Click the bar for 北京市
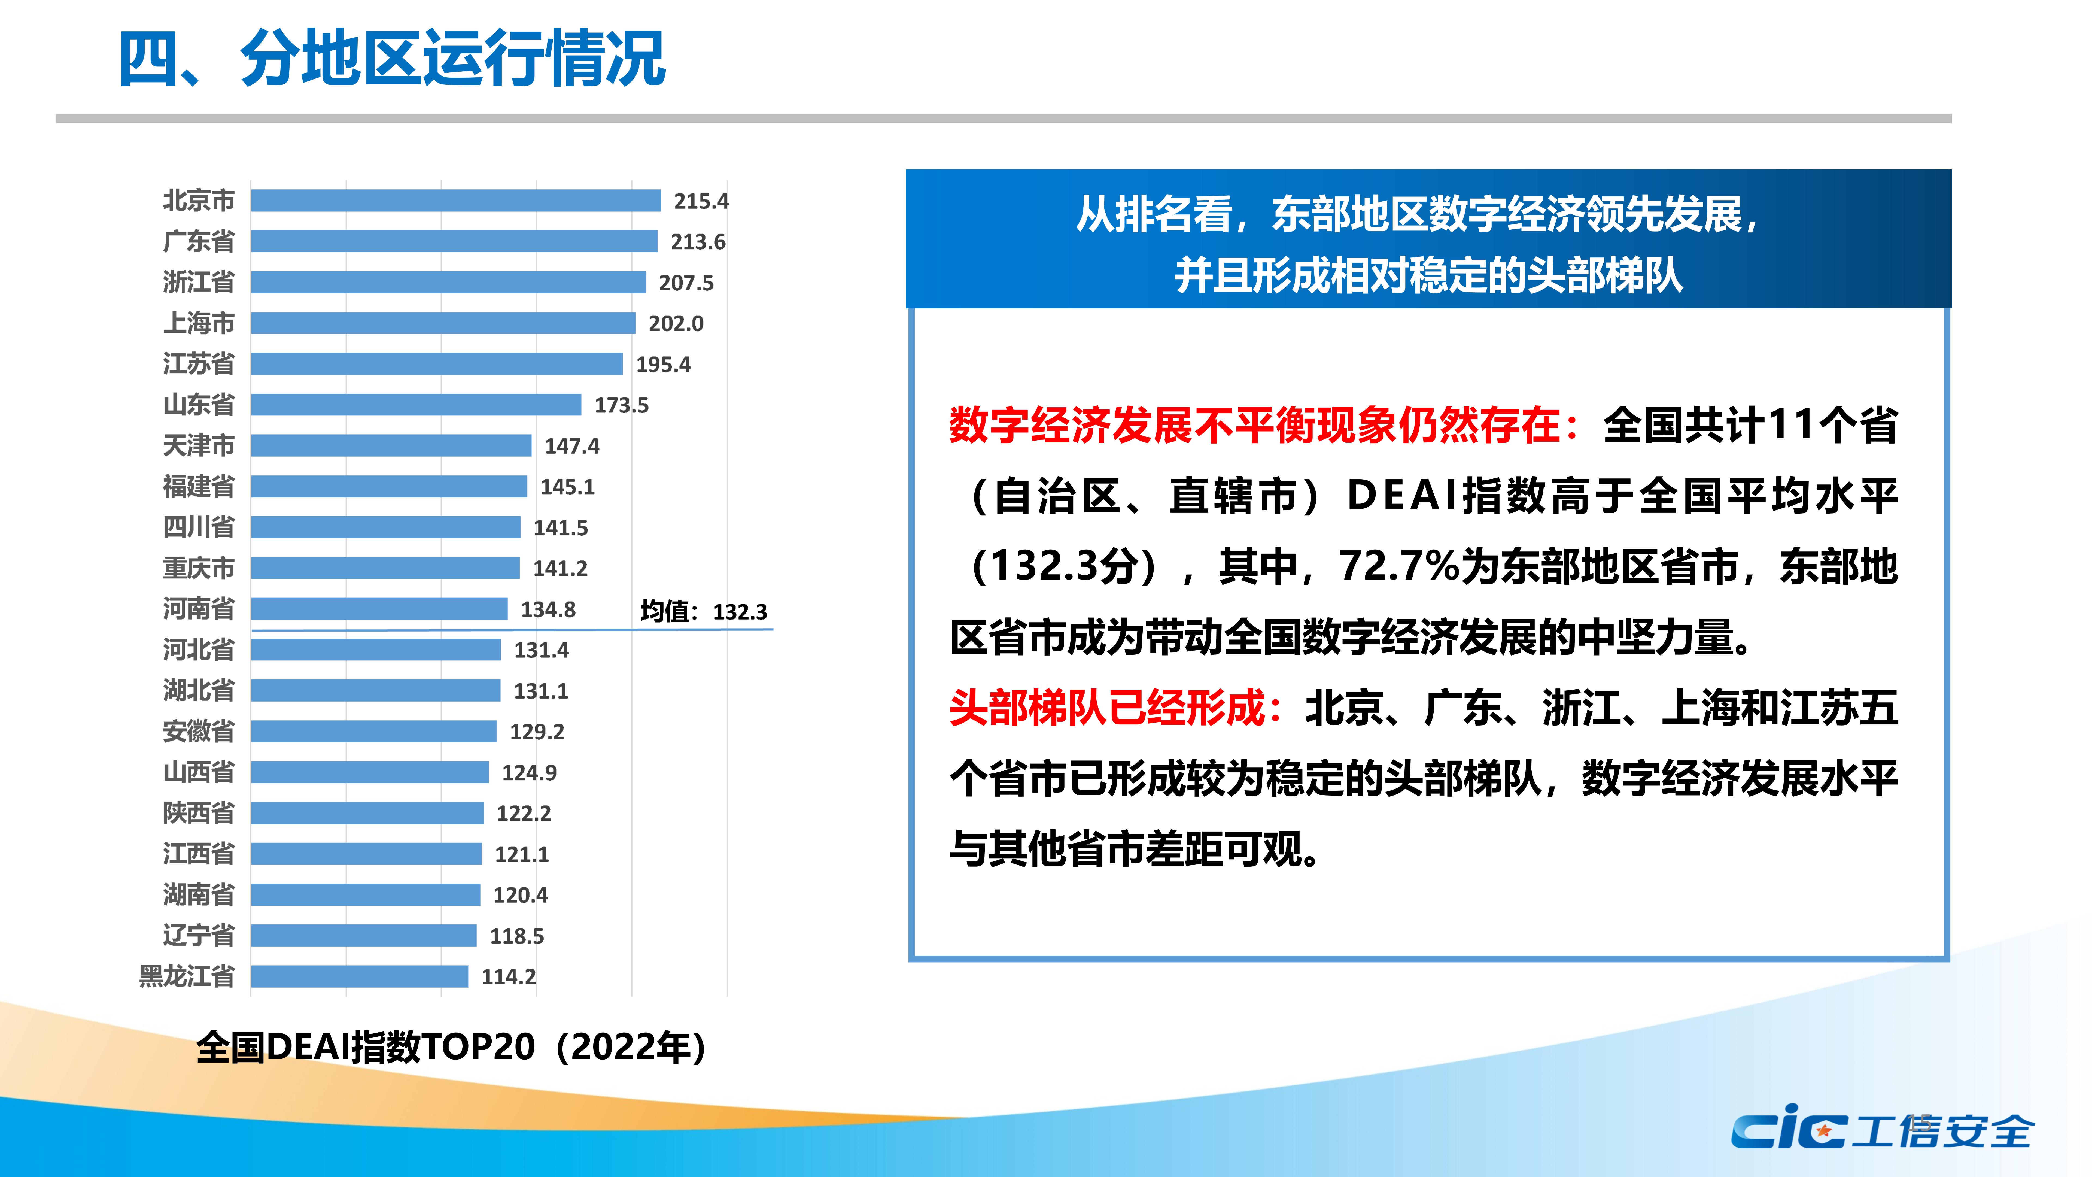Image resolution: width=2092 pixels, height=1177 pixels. click(x=456, y=201)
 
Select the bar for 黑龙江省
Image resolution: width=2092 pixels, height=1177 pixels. click(x=360, y=976)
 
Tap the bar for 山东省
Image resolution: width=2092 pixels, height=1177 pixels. click(x=416, y=405)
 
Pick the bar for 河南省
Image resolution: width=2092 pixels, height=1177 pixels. click(x=379, y=608)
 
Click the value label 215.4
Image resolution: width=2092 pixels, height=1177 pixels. click(x=701, y=201)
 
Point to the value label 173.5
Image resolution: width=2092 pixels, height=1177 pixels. click(x=621, y=405)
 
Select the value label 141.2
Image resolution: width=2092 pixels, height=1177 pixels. click(x=560, y=569)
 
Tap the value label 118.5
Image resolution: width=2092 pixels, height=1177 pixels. click(x=516, y=937)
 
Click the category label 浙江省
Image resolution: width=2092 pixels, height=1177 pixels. click(x=199, y=282)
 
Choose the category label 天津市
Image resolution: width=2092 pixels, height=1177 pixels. click(x=199, y=445)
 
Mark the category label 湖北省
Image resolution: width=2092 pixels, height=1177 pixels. click(x=199, y=690)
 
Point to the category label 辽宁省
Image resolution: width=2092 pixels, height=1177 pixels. click(x=199, y=936)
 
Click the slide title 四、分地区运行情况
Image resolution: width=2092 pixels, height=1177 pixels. click(x=392, y=59)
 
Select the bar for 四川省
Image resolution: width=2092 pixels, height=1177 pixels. click(x=386, y=527)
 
